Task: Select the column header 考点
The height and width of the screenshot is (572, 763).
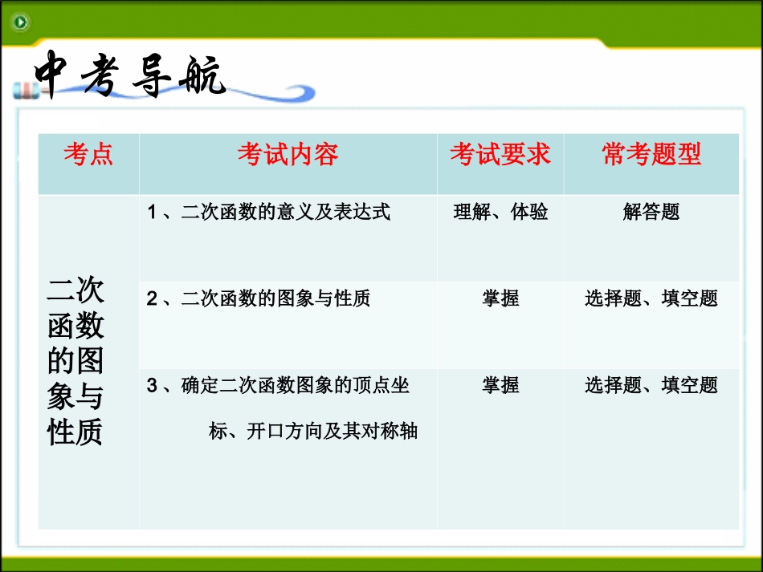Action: [x=88, y=154]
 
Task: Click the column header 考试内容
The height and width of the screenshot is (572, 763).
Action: [x=288, y=154]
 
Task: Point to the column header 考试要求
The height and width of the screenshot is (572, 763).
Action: [x=500, y=154]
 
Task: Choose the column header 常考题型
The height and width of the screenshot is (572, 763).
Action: [x=651, y=154]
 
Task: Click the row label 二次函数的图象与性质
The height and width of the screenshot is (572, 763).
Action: [x=75, y=361]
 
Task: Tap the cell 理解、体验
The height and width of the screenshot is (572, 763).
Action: [x=500, y=212]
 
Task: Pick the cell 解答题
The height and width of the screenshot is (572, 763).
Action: [x=651, y=212]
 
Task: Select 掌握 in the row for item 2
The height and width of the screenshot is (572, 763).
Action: [x=500, y=298]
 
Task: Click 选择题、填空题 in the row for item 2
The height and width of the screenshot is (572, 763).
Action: [x=651, y=298]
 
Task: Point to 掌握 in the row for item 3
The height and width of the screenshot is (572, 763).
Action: [x=500, y=385]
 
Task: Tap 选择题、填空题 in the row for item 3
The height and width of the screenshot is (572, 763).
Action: [x=651, y=385]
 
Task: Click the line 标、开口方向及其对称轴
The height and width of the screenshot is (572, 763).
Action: [x=313, y=431]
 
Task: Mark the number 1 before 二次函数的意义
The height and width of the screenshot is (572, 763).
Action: [x=152, y=212]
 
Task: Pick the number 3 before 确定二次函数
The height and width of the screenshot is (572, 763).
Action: [x=152, y=386]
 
